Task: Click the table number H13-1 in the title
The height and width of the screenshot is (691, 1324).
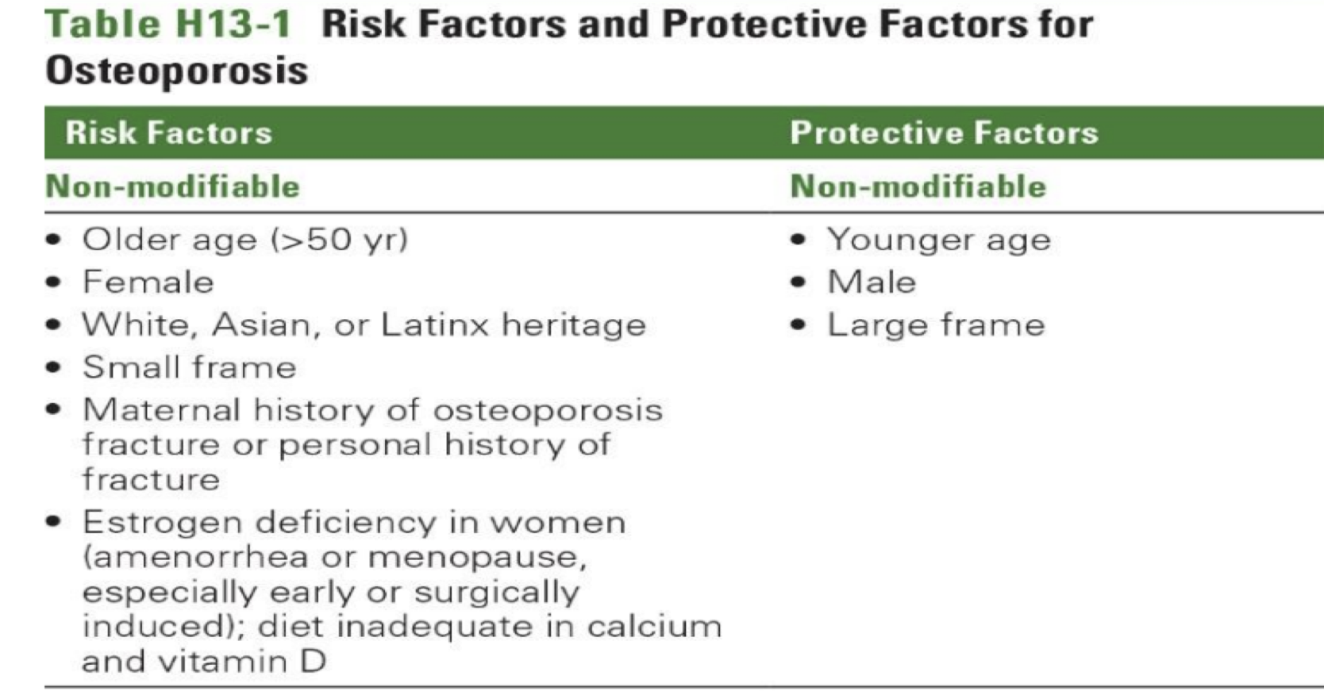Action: [x=233, y=25]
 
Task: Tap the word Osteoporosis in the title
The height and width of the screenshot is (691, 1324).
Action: [x=177, y=71]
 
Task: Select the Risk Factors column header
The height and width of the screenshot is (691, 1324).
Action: [x=168, y=132]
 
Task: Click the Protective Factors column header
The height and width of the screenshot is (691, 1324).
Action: [x=944, y=132]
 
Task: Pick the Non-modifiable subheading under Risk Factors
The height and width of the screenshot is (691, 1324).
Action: [x=173, y=186]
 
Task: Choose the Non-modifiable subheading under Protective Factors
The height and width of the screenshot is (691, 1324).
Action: [x=918, y=186]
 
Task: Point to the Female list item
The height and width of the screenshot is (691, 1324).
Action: [x=148, y=282]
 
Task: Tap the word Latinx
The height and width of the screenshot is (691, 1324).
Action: [x=435, y=324]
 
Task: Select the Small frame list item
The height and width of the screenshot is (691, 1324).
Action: [x=189, y=367]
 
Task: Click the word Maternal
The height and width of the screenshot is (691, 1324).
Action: [x=161, y=410]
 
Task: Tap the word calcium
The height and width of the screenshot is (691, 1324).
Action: [x=654, y=626]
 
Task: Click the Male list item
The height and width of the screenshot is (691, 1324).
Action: [x=872, y=282]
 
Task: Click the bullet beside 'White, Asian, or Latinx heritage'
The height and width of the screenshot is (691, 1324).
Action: [x=54, y=324]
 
